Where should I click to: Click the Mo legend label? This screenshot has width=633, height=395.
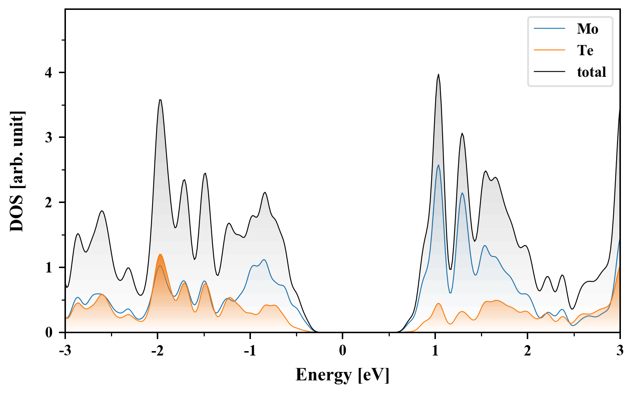(x=587, y=29)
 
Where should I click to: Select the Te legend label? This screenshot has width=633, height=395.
(x=585, y=50)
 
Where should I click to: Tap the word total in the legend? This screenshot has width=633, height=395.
(x=591, y=72)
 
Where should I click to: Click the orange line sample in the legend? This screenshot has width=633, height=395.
(x=549, y=50)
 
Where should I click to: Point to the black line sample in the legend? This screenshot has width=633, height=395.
(x=549, y=72)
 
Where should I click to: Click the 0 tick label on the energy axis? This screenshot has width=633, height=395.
(x=343, y=350)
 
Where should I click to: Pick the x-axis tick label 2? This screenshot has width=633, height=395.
(x=527, y=350)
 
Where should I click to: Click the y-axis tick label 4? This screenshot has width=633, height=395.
(x=48, y=72)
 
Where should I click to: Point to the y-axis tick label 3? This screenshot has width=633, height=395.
(x=48, y=138)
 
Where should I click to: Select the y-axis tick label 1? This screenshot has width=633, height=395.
(x=48, y=268)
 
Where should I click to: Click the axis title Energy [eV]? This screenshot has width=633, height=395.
(x=342, y=375)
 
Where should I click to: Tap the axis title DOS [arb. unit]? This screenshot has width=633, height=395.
(x=17, y=171)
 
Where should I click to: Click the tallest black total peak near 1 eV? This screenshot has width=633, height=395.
(x=438, y=74)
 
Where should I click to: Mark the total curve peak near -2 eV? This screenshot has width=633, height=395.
(x=160, y=99)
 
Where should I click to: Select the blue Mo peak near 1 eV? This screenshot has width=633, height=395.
(x=438, y=165)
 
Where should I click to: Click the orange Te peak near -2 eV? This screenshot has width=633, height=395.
(x=160, y=254)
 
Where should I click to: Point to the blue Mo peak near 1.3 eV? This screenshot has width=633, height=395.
(x=462, y=193)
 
